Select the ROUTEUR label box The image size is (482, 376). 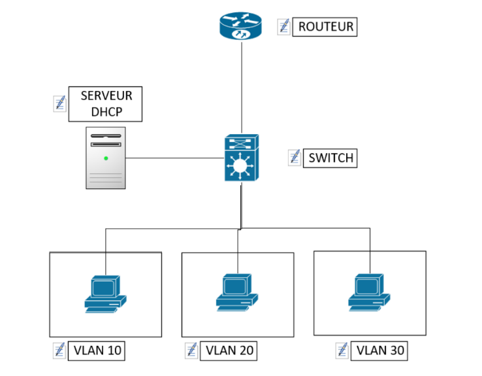pyautogui.click(x=325, y=27)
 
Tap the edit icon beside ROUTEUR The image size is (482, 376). pyautogui.click(x=283, y=27)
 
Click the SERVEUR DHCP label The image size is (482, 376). pyautogui.click(x=106, y=104)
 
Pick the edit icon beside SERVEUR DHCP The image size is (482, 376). pyautogui.click(x=59, y=104)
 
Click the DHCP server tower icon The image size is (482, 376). pyautogui.click(x=106, y=158)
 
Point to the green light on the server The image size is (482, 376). pyautogui.click(x=105, y=158)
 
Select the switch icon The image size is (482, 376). pyautogui.click(x=241, y=158)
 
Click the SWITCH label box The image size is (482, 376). pyautogui.click(x=330, y=158)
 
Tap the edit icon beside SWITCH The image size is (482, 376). pyautogui.click(x=294, y=158)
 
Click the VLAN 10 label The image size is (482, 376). pyautogui.click(x=97, y=350)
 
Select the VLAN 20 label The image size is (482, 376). pyautogui.click(x=229, y=350)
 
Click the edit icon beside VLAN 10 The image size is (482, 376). pyautogui.click(x=59, y=350)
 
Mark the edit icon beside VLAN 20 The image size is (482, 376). pyautogui.click(x=191, y=350)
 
